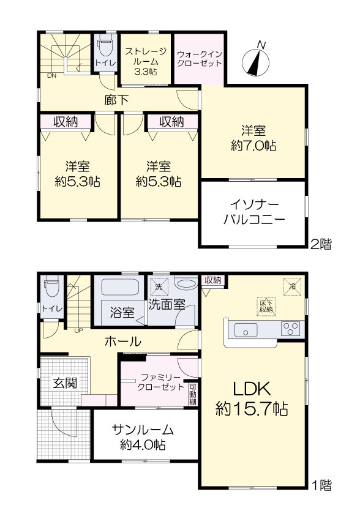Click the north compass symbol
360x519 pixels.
(255, 60)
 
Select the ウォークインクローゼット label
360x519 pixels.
(200, 59)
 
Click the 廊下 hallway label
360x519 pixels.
(116, 100)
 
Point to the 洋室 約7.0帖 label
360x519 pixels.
(253, 138)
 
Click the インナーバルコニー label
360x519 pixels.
(254, 212)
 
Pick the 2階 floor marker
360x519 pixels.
(321, 244)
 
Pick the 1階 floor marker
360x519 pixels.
(321, 485)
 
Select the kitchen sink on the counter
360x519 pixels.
(246, 330)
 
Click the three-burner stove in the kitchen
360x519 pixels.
(290, 329)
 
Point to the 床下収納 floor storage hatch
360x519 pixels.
(266, 307)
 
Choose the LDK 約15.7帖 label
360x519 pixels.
(252, 399)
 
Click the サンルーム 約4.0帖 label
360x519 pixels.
(143, 437)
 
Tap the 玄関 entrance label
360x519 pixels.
(65, 383)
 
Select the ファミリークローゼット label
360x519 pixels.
(160, 382)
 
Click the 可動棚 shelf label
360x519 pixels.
(193, 394)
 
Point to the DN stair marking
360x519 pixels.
(51, 75)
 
